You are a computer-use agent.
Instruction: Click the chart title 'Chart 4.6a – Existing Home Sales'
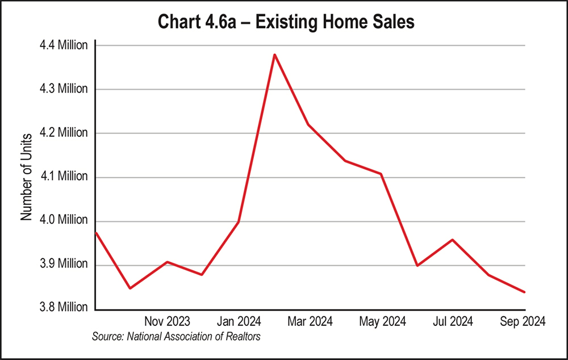click(x=283, y=23)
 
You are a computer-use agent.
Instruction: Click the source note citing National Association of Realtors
click(x=176, y=337)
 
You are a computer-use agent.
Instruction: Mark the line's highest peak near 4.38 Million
click(x=274, y=55)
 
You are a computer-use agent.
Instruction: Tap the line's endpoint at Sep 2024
click(x=524, y=292)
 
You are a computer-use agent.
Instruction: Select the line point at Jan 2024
click(x=238, y=221)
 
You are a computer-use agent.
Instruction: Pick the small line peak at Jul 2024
click(x=452, y=240)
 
